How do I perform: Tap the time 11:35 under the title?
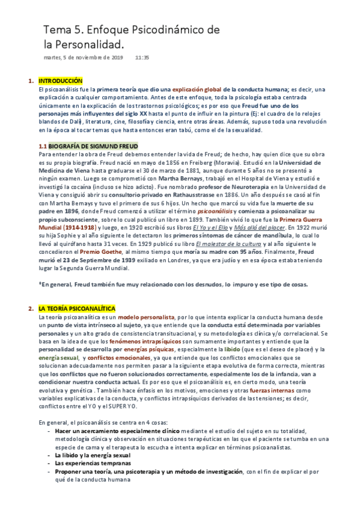(142, 57)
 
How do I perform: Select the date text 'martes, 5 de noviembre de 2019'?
(83, 57)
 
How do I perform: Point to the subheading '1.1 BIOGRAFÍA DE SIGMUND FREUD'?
(88, 146)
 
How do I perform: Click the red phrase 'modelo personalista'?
(146, 317)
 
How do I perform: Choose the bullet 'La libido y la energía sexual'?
(90, 455)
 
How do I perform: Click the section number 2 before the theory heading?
(30, 309)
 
